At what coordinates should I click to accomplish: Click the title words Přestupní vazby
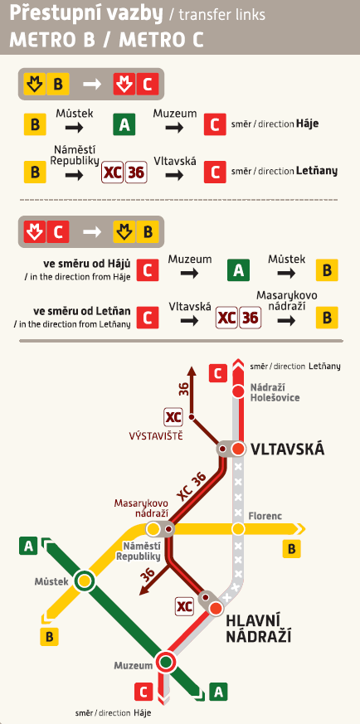(63, 15)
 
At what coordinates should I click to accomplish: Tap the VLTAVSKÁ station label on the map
(287, 449)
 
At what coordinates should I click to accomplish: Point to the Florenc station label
(265, 516)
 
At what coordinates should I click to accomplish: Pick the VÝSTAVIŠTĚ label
(155, 435)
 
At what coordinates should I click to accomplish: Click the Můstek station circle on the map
(84, 581)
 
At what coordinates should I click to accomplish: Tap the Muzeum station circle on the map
(166, 662)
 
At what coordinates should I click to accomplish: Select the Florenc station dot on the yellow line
(239, 529)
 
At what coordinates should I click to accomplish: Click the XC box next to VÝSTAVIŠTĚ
(173, 417)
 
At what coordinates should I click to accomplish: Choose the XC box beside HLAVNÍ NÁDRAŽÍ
(185, 605)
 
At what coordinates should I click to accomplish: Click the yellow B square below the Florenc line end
(292, 548)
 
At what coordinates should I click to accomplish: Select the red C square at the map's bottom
(143, 691)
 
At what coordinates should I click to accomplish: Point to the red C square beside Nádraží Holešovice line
(217, 373)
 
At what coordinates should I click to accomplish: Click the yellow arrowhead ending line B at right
(303, 529)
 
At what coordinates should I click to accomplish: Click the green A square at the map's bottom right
(219, 690)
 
